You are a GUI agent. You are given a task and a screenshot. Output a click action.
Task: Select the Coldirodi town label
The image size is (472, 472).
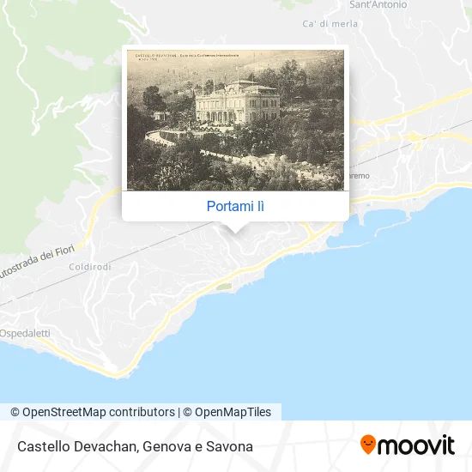[88, 266]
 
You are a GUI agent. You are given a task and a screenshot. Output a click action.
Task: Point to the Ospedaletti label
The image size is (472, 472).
[24, 332]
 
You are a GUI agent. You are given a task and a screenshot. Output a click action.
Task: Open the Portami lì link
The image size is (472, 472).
[235, 206]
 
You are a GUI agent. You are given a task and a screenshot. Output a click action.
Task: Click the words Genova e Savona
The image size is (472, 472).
[198, 446]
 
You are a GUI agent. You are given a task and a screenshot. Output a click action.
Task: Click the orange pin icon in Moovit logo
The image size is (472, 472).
[368, 444]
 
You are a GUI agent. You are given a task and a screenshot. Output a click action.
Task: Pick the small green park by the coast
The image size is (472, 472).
[224, 287]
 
